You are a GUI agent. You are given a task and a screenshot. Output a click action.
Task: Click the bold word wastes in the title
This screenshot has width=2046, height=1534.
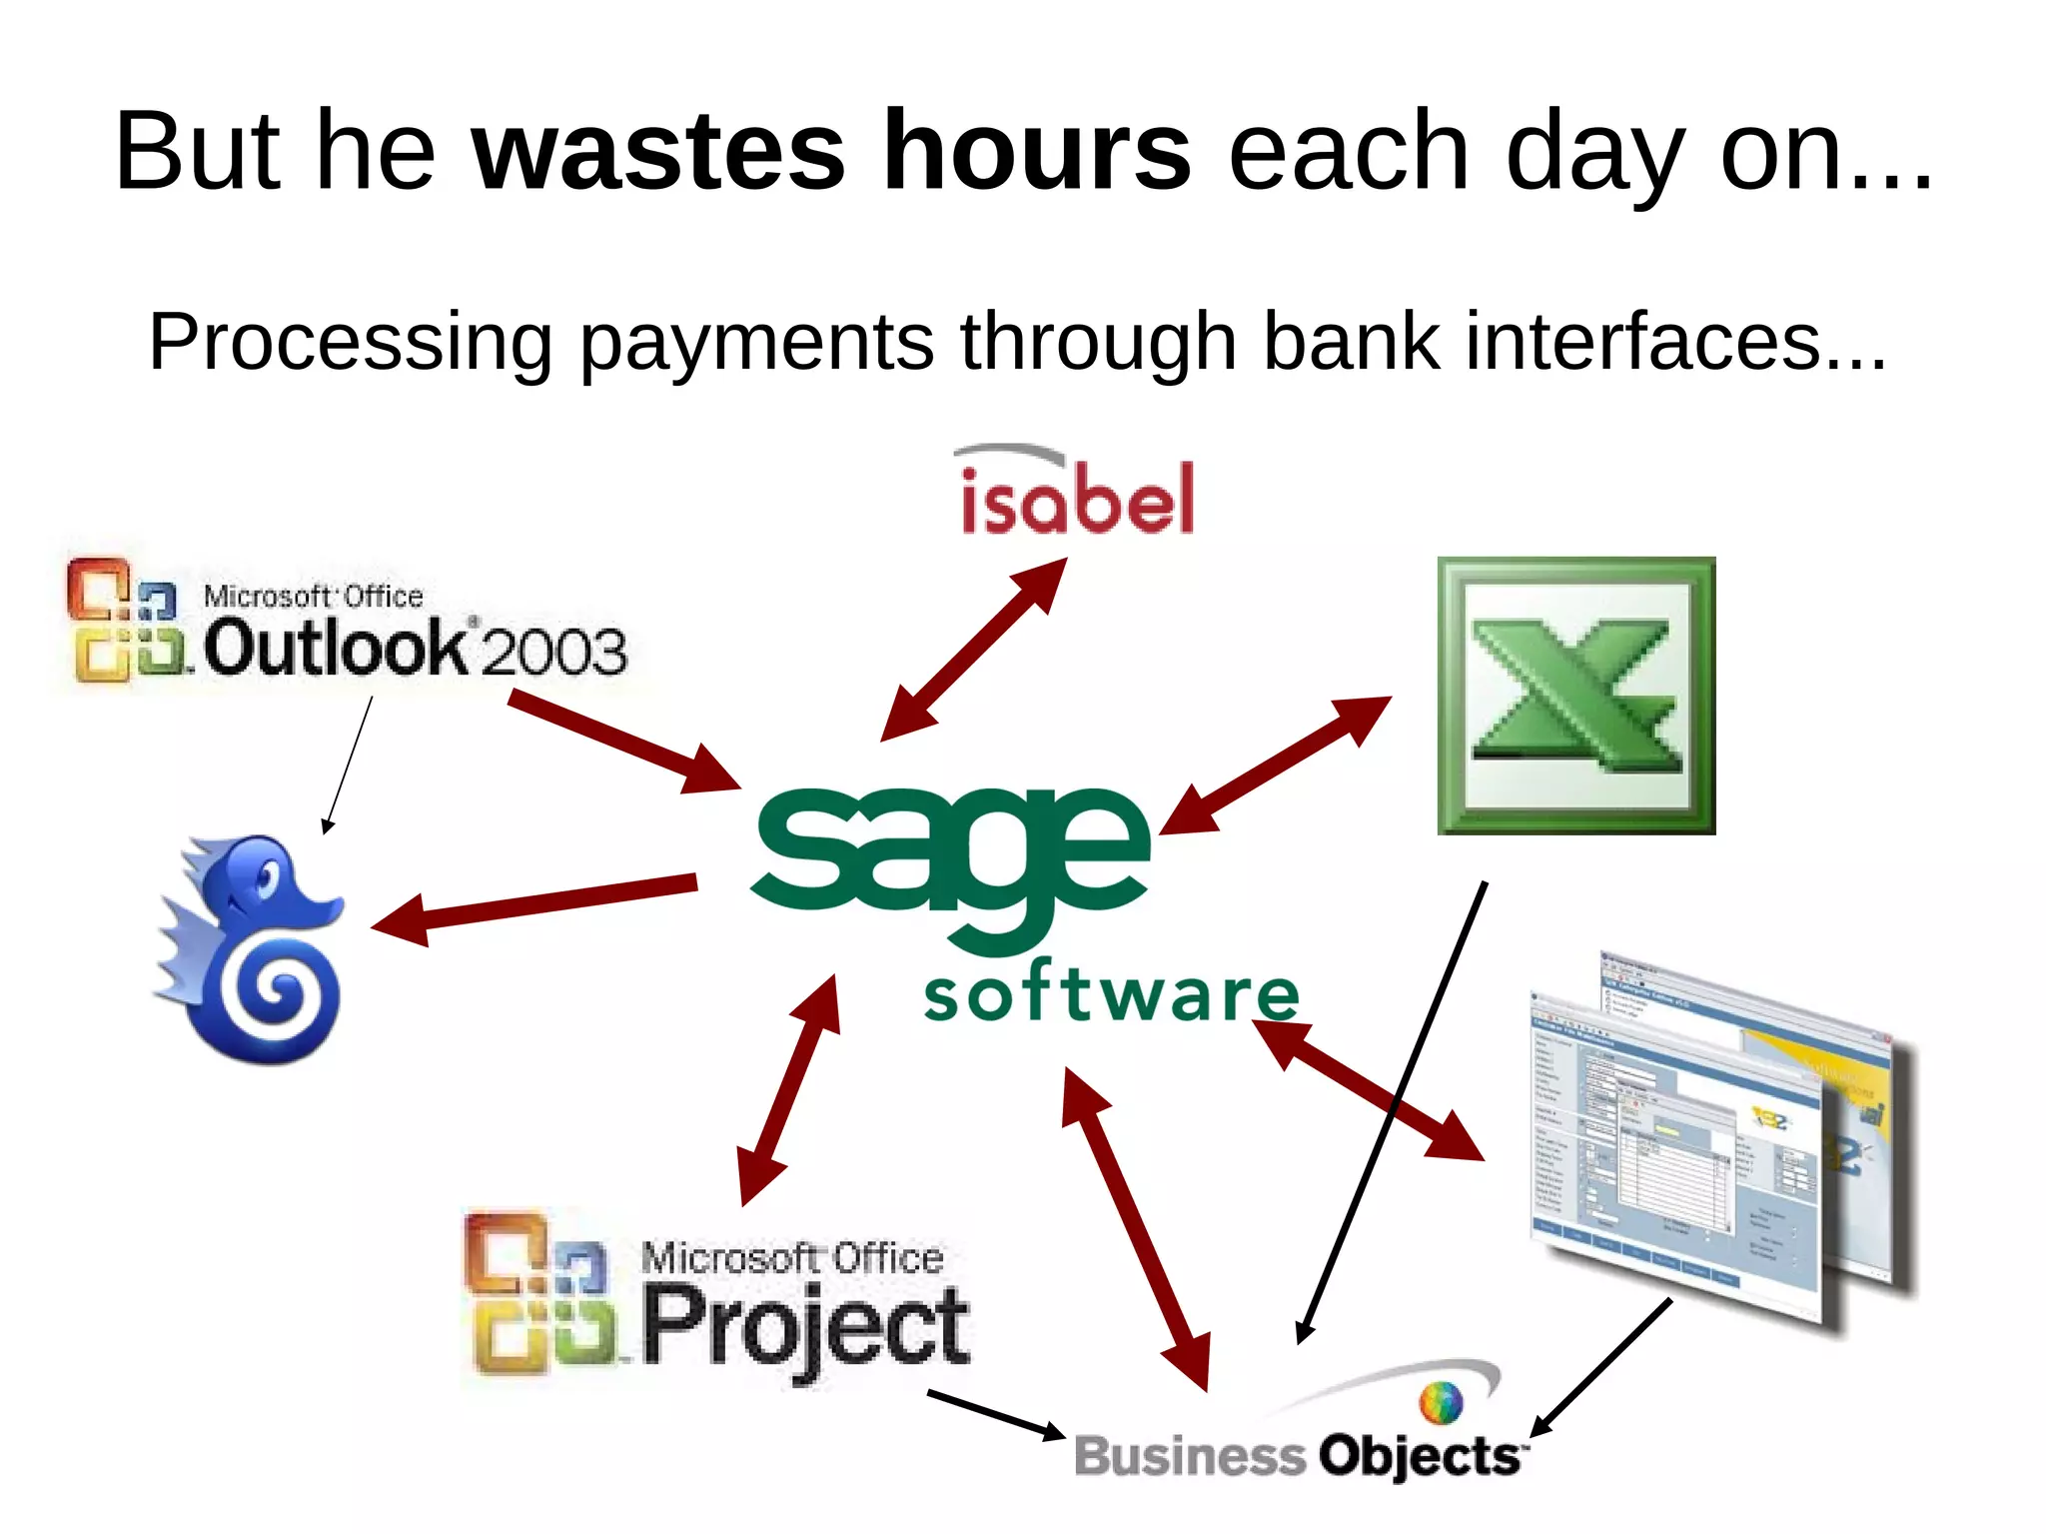click(x=657, y=152)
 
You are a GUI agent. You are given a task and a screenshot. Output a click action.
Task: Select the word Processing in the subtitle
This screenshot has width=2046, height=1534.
click(x=350, y=342)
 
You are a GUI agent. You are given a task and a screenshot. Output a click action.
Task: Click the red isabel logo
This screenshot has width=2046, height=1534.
click(x=1077, y=497)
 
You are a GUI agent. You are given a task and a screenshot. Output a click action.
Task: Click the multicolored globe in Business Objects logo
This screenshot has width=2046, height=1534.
click(x=1441, y=1402)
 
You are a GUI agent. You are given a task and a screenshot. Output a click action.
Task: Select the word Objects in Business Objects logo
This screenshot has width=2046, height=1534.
click(x=1419, y=1456)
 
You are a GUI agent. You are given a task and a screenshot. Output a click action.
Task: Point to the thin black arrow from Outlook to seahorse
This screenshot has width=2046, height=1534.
click(x=349, y=764)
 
